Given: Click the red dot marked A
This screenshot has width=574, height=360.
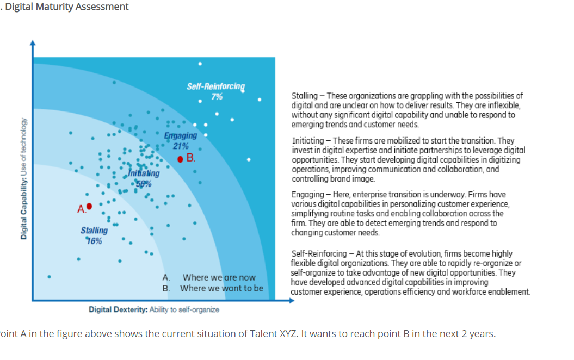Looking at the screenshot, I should coord(89,206).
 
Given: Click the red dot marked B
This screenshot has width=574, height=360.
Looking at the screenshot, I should coord(180,159).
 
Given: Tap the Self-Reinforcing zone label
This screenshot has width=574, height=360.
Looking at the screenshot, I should coord(216,87).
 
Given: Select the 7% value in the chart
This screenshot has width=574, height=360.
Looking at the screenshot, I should coord(217,97).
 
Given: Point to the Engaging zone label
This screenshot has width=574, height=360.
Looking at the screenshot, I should coord(180,136).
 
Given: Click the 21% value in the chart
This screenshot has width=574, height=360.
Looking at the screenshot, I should coord(181,146).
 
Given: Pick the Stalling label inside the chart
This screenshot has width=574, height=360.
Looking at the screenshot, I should coord(94,231).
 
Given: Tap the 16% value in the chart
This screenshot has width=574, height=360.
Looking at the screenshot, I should coord(94,240).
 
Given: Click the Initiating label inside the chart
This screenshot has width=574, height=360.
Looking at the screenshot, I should coord(144,173).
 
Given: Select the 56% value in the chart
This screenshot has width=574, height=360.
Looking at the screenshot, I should coord(144,183).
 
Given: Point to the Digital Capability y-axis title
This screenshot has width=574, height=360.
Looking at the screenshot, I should coord(24,179).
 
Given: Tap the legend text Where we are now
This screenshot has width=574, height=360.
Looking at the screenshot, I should coord(219,277).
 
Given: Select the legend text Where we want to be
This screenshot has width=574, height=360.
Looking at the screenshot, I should coord(221,288).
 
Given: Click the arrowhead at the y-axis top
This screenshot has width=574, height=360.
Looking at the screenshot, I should coord(33,42).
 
